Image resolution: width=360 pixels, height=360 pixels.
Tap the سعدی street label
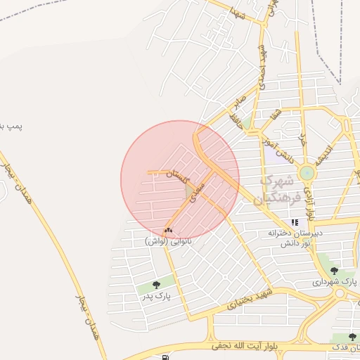tap(198, 189)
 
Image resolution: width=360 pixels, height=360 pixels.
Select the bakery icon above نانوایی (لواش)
tap(167, 230)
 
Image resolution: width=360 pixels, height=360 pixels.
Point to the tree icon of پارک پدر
tap(155, 285)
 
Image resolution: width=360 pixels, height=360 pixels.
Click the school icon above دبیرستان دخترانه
tap(285, 223)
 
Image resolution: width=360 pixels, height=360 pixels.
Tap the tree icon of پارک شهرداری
tap(334, 269)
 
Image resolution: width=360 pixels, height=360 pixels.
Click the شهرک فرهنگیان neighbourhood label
tap(279, 188)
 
